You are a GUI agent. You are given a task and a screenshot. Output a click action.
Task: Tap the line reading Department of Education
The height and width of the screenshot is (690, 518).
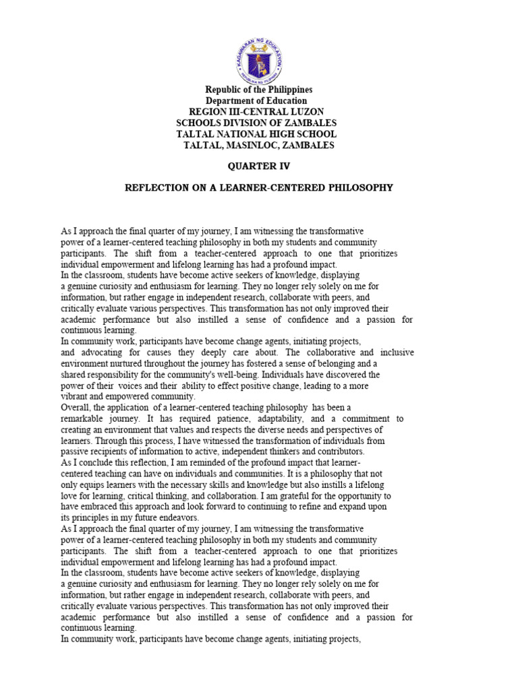(258, 101)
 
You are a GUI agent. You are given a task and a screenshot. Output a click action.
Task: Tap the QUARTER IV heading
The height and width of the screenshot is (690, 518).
(258, 165)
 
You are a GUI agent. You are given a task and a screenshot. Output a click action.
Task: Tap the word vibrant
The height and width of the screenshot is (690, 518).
(74, 396)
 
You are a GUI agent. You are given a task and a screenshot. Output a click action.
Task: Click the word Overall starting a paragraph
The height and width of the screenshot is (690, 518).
(77, 408)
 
